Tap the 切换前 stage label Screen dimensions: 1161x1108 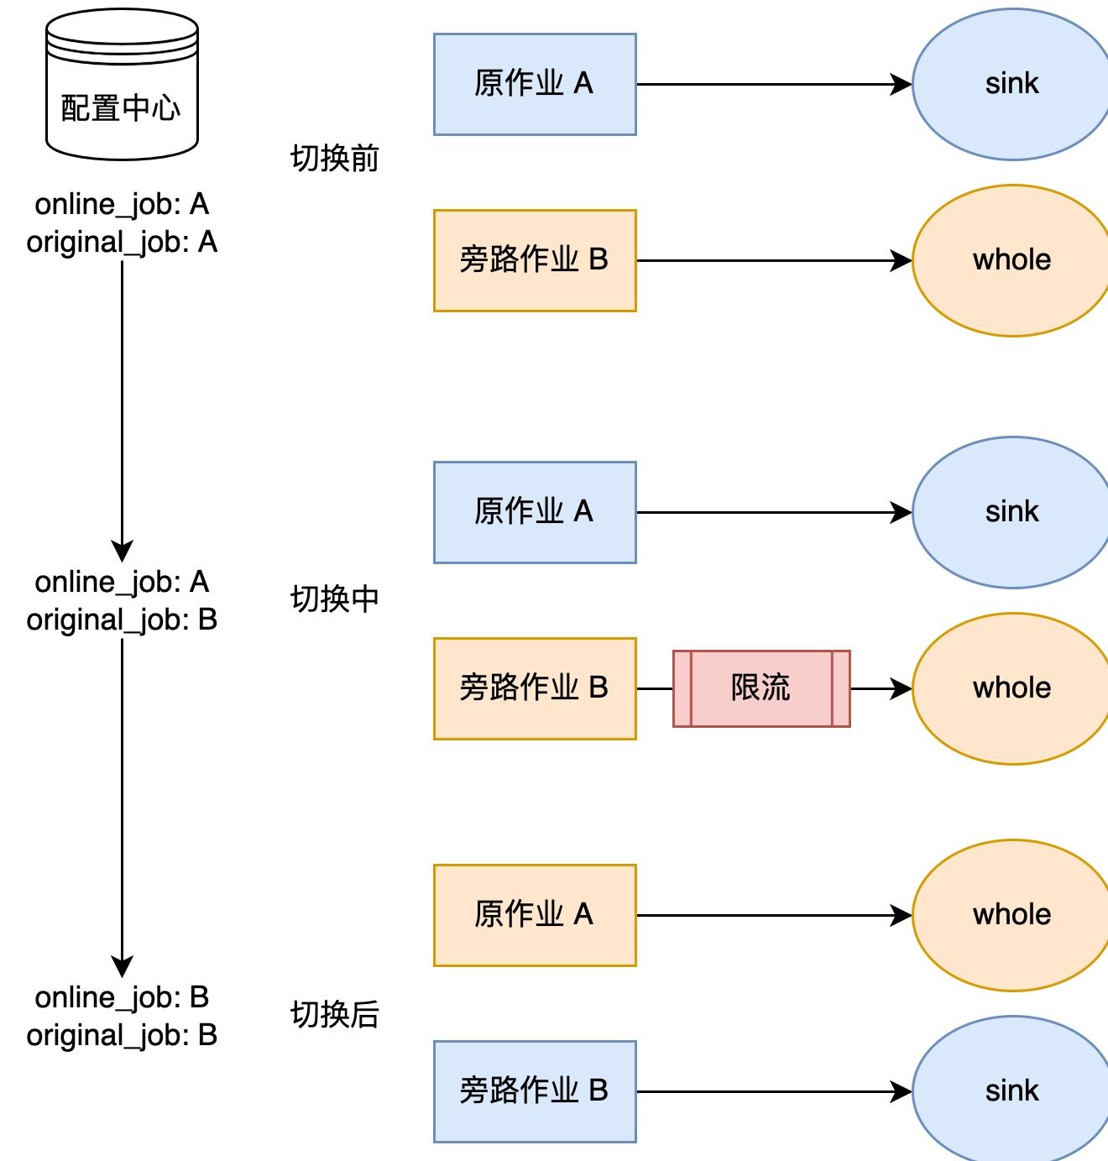(335, 158)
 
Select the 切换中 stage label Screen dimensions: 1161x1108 (335, 599)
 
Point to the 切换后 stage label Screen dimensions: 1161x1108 (335, 1014)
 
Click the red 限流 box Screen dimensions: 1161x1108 (761, 688)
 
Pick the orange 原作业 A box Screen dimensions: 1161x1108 (535, 915)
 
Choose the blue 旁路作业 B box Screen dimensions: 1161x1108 (535, 1091)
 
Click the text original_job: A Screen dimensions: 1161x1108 (122, 242)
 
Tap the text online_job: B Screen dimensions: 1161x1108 (122, 997)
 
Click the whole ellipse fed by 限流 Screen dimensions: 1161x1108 (1011, 688)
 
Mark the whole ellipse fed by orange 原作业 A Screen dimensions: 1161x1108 (1011, 915)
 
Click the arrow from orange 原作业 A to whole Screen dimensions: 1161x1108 (772, 915)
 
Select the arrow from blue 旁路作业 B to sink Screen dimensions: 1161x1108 (772, 1091)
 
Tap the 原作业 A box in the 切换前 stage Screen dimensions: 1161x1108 (535, 84)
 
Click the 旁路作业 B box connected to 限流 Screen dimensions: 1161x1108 (535, 688)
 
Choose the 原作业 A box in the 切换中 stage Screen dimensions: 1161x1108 (535, 512)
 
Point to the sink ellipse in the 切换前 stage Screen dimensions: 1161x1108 (1011, 84)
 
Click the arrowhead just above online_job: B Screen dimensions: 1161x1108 (123, 967)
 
